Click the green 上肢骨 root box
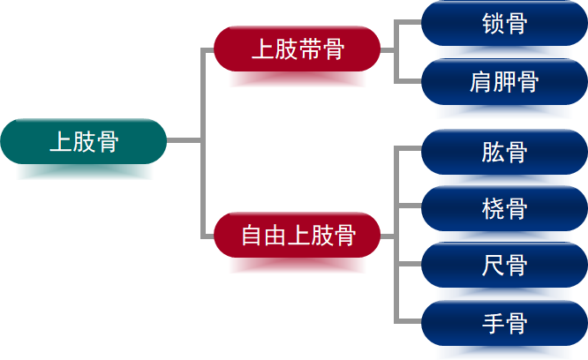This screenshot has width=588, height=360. (84, 141)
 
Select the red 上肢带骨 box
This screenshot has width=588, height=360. (298, 49)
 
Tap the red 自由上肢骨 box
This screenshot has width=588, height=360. (298, 236)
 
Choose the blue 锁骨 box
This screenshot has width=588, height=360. (504, 24)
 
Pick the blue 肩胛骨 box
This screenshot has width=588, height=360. (504, 82)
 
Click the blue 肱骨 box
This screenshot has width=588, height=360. (504, 152)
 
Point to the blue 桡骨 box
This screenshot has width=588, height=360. (504, 209)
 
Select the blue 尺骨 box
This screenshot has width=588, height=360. (504, 266)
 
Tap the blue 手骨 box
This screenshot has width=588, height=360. (504, 323)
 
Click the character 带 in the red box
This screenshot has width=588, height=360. (309, 49)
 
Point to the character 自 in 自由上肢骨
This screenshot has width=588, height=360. (252, 236)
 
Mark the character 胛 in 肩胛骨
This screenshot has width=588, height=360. (504, 83)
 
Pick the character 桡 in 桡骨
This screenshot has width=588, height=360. (493, 210)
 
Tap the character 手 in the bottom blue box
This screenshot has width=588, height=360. (493, 324)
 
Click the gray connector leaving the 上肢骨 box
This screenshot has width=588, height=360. (184, 140)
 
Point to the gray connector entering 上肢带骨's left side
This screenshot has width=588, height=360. (208, 49)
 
